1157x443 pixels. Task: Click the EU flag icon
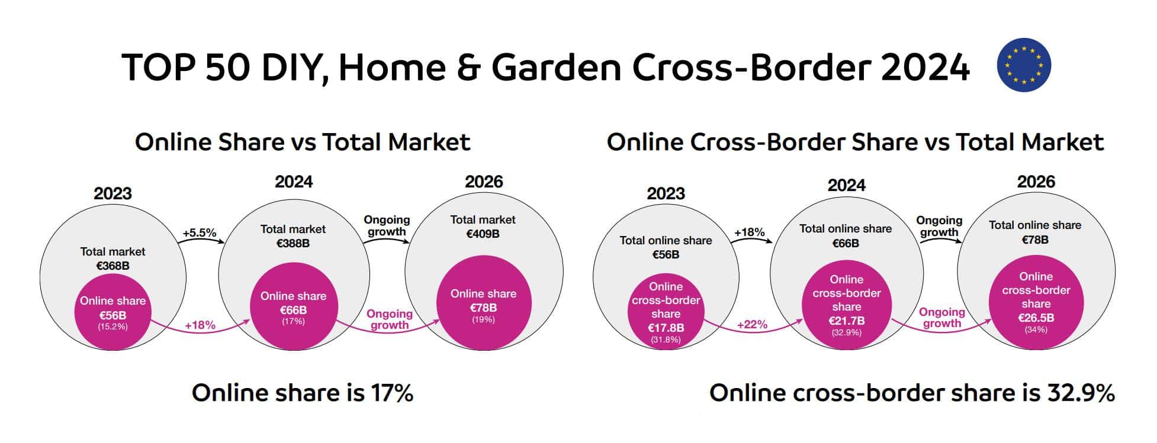(x=1024, y=65)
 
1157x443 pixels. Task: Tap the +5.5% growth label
(x=200, y=232)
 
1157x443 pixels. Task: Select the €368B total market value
(x=113, y=266)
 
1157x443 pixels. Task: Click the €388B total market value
(x=293, y=243)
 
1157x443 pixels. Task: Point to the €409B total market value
(x=483, y=234)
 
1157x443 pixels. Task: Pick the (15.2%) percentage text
(x=113, y=326)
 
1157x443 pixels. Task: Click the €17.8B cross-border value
(x=666, y=328)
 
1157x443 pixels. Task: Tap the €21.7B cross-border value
(x=846, y=321)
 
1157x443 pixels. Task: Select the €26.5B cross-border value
(x=1036, y=318)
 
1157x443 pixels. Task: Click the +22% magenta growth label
(x=752, y=325)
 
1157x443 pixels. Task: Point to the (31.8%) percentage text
(x=666, y=340)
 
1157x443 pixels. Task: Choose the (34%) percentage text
(x=1036, y=329)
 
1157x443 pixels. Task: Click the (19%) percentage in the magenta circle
(x=483, y=320)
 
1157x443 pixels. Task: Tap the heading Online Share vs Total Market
(x=303, y=142)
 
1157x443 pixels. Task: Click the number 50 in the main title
(x=228, y=66)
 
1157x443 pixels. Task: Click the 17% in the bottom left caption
(x=391, y=393)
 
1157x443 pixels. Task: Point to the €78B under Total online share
(x=1035, y=240)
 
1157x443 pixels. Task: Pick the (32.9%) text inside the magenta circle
(x=846, y=332)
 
